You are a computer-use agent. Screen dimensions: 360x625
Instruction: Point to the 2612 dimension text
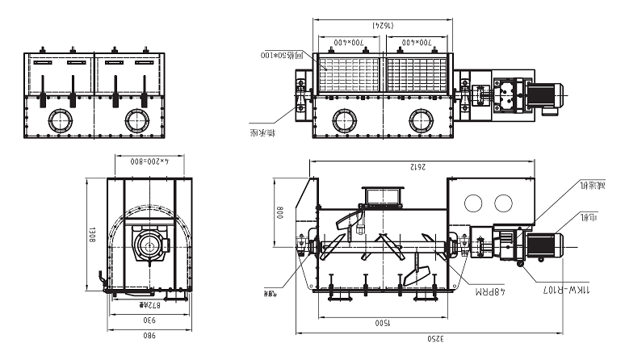pyautogui.click(x=417, y=167)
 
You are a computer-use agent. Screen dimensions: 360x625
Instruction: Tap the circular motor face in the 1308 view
pyautogui.click(x=147, y=246)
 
